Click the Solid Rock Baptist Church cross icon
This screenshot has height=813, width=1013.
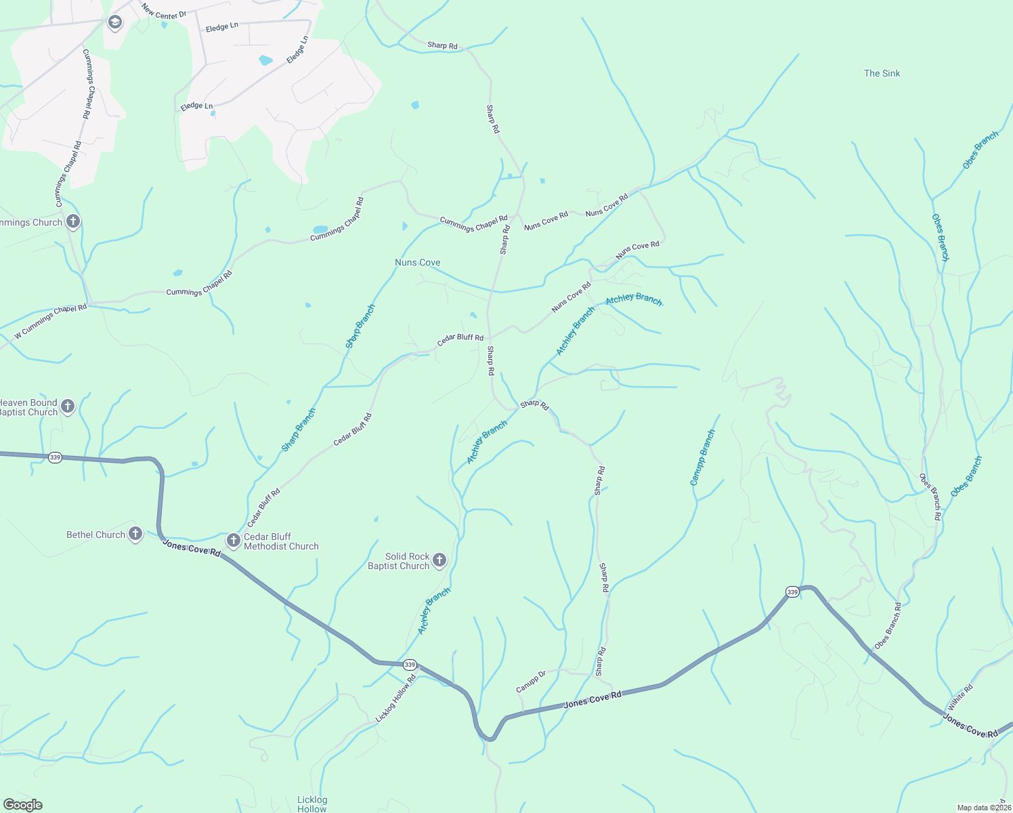pyautogui.click(x=439, y=560)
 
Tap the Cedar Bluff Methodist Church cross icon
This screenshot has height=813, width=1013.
pyautogui.click(x=234, y=541)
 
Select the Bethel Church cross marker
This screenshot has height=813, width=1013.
pyautogui.click(x=135, y=534)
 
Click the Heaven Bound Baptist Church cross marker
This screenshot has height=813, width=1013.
pyautogui.click(x=68, y=406)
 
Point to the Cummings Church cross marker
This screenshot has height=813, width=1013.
pyautogui.click(x=73, y=222)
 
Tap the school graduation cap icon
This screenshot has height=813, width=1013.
pyautogui.click(x=114, y=23)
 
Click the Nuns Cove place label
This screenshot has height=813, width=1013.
pyautogui.click(x=417, y=262)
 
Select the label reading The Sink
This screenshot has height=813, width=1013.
pyautogui.click(x=882, y=73)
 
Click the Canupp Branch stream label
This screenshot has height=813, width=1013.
pyautogui.click(x=702, y=458)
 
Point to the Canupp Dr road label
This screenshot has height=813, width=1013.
pyautogui.click(x=531, y=682)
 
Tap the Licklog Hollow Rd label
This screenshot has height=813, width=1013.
pyautogui.click(x=395, y=699)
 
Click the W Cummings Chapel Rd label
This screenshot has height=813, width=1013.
pyautogui.click(x=51, y=321)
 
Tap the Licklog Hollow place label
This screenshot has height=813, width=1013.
pyautogui.click(x=312, y=804)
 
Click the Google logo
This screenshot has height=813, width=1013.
pyautogui.click(x=22, y=804)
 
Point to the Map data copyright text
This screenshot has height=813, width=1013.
pyautogui.click(x=984, y=808)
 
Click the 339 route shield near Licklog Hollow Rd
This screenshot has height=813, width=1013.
pyautogui.click(x=410, y=665)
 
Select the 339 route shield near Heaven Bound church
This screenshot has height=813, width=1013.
pyautogui.click(x=56, y=457)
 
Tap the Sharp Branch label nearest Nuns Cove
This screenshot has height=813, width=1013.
pyautogui.click(x=360, y=326)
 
